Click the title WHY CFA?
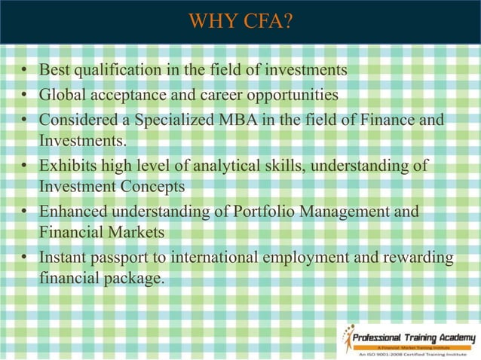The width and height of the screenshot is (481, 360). click(x=240, y=20)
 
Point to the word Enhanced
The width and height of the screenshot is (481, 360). click(x=72, y=212)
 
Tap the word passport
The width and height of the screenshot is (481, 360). click(x=122, y=258)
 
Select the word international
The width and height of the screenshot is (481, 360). click(x=215, y=258)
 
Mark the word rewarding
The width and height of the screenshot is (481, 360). click(x=420, y=258)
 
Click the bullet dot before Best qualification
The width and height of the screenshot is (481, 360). click(x=25, y=72)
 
